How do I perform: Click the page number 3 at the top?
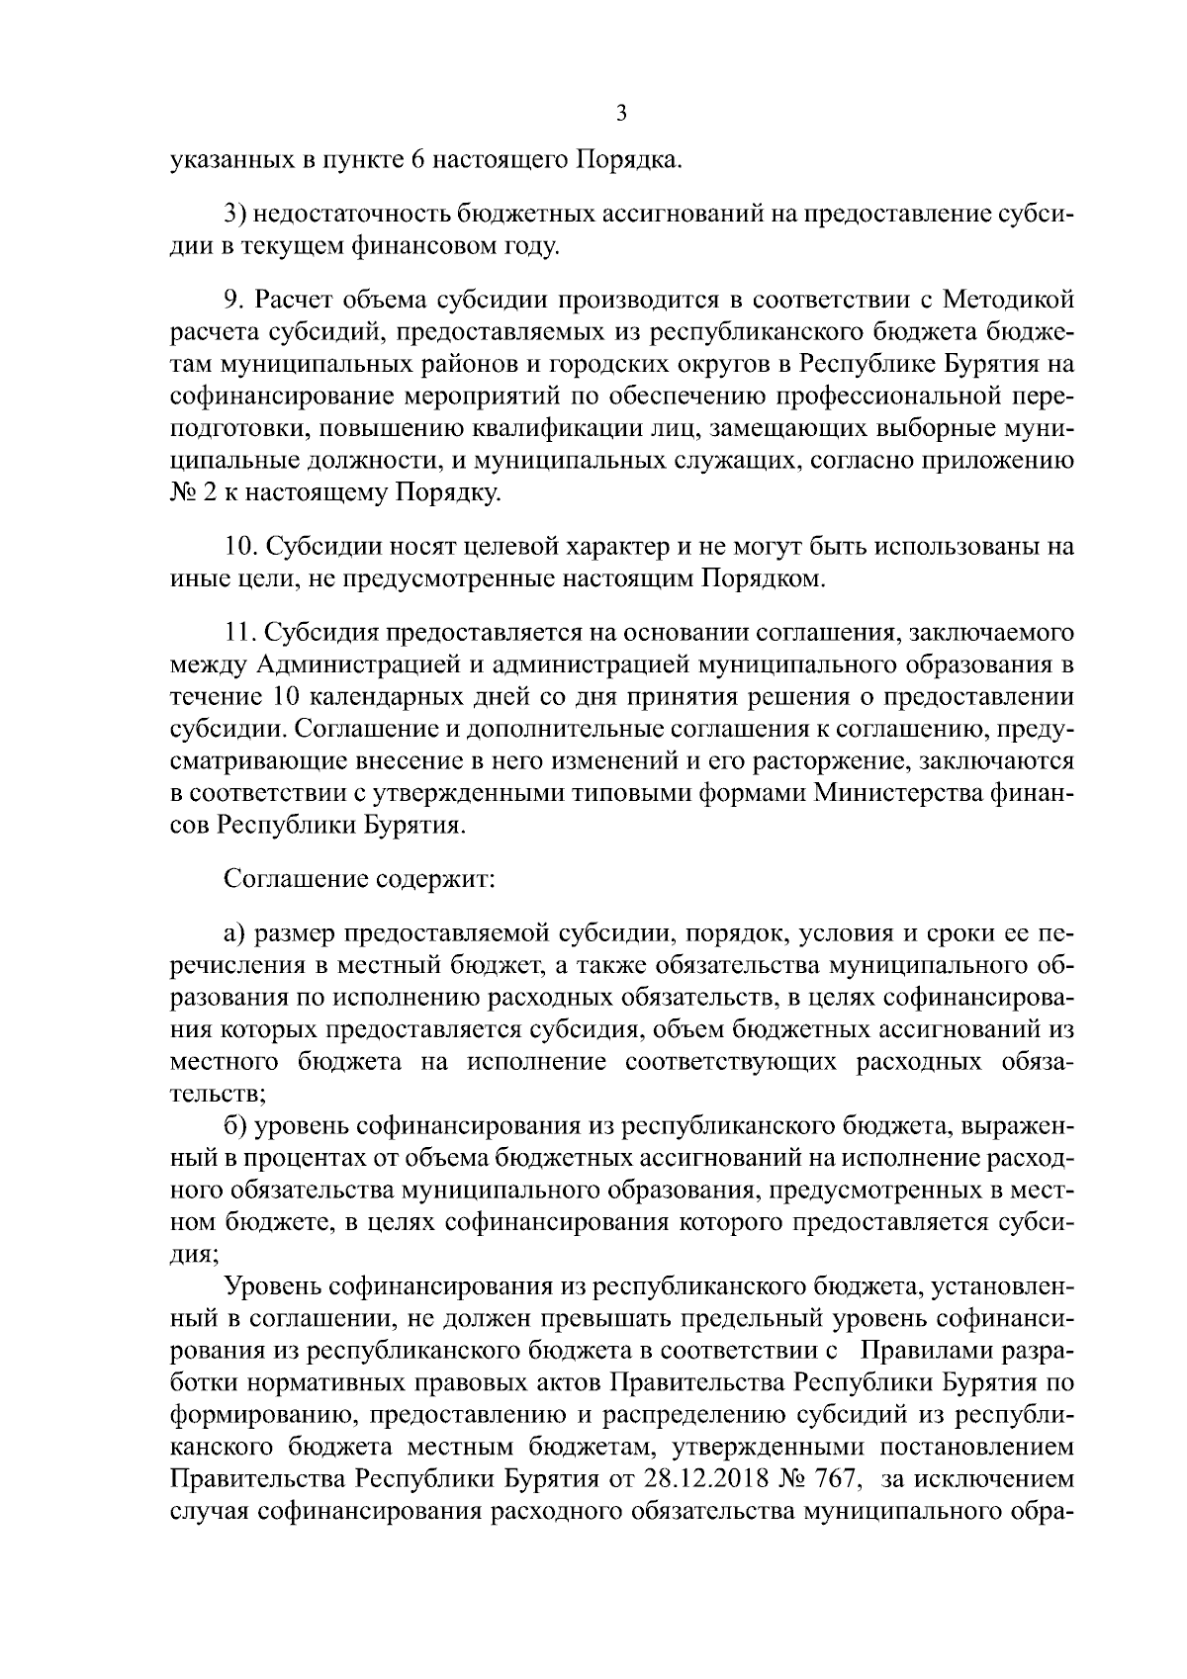click(x=620, y=113)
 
